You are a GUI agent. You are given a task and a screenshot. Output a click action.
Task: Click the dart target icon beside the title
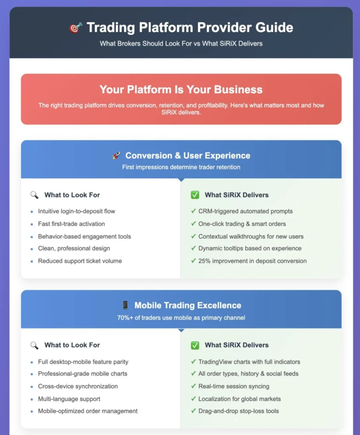coord(76,28)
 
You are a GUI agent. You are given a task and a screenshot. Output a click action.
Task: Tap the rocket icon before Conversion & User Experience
coord(116,155)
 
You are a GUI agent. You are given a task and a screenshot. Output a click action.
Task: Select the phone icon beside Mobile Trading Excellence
coord(125,305)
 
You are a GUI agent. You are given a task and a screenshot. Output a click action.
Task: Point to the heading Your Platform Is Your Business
coord(181,90)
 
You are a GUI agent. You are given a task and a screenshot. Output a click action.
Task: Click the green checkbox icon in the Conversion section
coord(195,195)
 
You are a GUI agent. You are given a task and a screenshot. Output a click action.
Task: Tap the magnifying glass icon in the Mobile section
coord(34,345)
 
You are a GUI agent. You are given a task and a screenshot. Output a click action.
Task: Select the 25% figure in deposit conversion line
coord(204,261)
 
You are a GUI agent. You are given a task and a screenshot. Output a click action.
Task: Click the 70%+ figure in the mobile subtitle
coord(125,318)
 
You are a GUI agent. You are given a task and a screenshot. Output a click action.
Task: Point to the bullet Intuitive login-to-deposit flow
coord(77,212)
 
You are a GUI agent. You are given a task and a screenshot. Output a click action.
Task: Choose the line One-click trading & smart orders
coord(242,224)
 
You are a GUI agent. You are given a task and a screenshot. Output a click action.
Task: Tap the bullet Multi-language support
coord(69,399)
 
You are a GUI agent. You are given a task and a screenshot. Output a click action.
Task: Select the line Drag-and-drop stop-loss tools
coord(238,411)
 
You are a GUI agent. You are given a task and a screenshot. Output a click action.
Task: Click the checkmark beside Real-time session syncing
coord(193,386)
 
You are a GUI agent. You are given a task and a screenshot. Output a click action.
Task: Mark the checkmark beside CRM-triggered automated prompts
coord(193,211)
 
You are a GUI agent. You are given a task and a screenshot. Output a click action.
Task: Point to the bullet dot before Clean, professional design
coord(31,249)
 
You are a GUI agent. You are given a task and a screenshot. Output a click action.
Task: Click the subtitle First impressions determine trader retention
coord(181,167)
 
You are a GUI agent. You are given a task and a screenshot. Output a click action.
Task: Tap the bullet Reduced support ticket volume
coord(80,261)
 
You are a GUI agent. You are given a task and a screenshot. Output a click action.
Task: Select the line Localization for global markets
coord(240,399)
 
